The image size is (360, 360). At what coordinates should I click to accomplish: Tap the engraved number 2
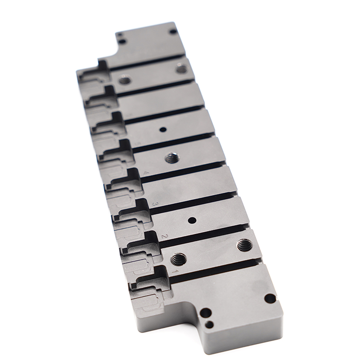coord(164,236)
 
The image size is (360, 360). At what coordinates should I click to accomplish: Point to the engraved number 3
coord(154,204)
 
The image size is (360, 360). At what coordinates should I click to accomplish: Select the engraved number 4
coord(145,173)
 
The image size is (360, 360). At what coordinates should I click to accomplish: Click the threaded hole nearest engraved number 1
coord(179,259)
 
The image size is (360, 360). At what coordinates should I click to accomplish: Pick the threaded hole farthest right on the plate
coord(245,245)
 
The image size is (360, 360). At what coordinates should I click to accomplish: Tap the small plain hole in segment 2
coord(192,220)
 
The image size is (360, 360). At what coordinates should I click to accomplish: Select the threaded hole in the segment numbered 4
coord(171,158)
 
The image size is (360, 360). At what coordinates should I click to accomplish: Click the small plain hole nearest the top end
coord(163,130)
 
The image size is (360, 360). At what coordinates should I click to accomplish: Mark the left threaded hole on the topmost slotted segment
coord(125,81)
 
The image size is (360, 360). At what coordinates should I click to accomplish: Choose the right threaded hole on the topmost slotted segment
coord(181,69)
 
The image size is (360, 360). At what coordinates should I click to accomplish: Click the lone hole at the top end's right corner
coord(173,31)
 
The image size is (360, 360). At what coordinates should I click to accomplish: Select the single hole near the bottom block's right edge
coord(270,298)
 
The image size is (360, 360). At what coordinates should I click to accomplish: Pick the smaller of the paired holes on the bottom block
coord(209,324)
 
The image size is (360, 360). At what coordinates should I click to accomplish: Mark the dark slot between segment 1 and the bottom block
coord(216,269)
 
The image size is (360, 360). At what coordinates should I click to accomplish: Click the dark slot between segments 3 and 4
coord(184,169)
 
